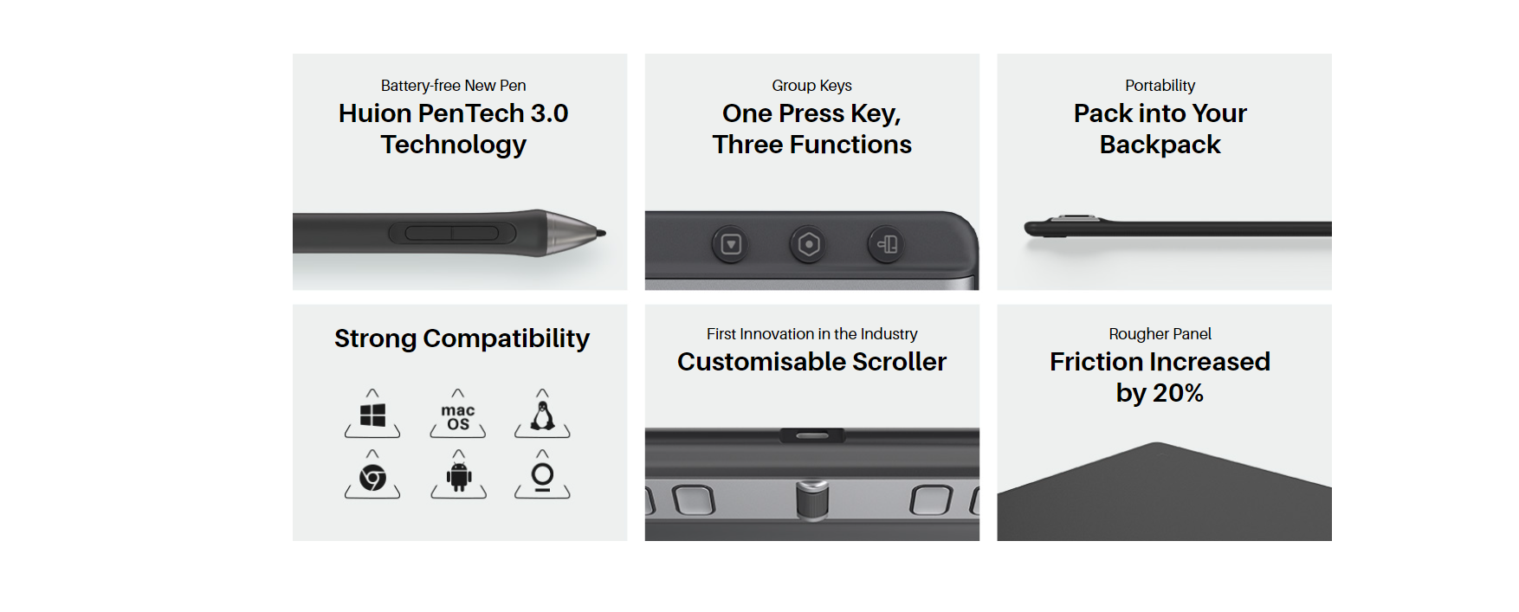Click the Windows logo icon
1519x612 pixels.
372,416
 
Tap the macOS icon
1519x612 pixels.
458,417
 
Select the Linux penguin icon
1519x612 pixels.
543,416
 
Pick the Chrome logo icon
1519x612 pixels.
372,477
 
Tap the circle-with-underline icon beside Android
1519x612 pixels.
543,477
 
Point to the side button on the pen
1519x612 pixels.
452,233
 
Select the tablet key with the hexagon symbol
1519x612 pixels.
809,244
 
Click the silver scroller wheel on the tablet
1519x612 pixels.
812,499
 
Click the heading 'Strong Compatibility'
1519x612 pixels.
462,338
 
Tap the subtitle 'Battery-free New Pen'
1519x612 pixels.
453,86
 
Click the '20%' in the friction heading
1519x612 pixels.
1178,393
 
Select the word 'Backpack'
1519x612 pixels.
1160,145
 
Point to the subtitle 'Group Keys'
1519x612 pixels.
811,86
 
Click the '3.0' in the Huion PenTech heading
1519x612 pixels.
549,113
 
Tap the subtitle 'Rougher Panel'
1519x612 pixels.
1160,334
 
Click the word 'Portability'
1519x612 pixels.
1160,86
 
